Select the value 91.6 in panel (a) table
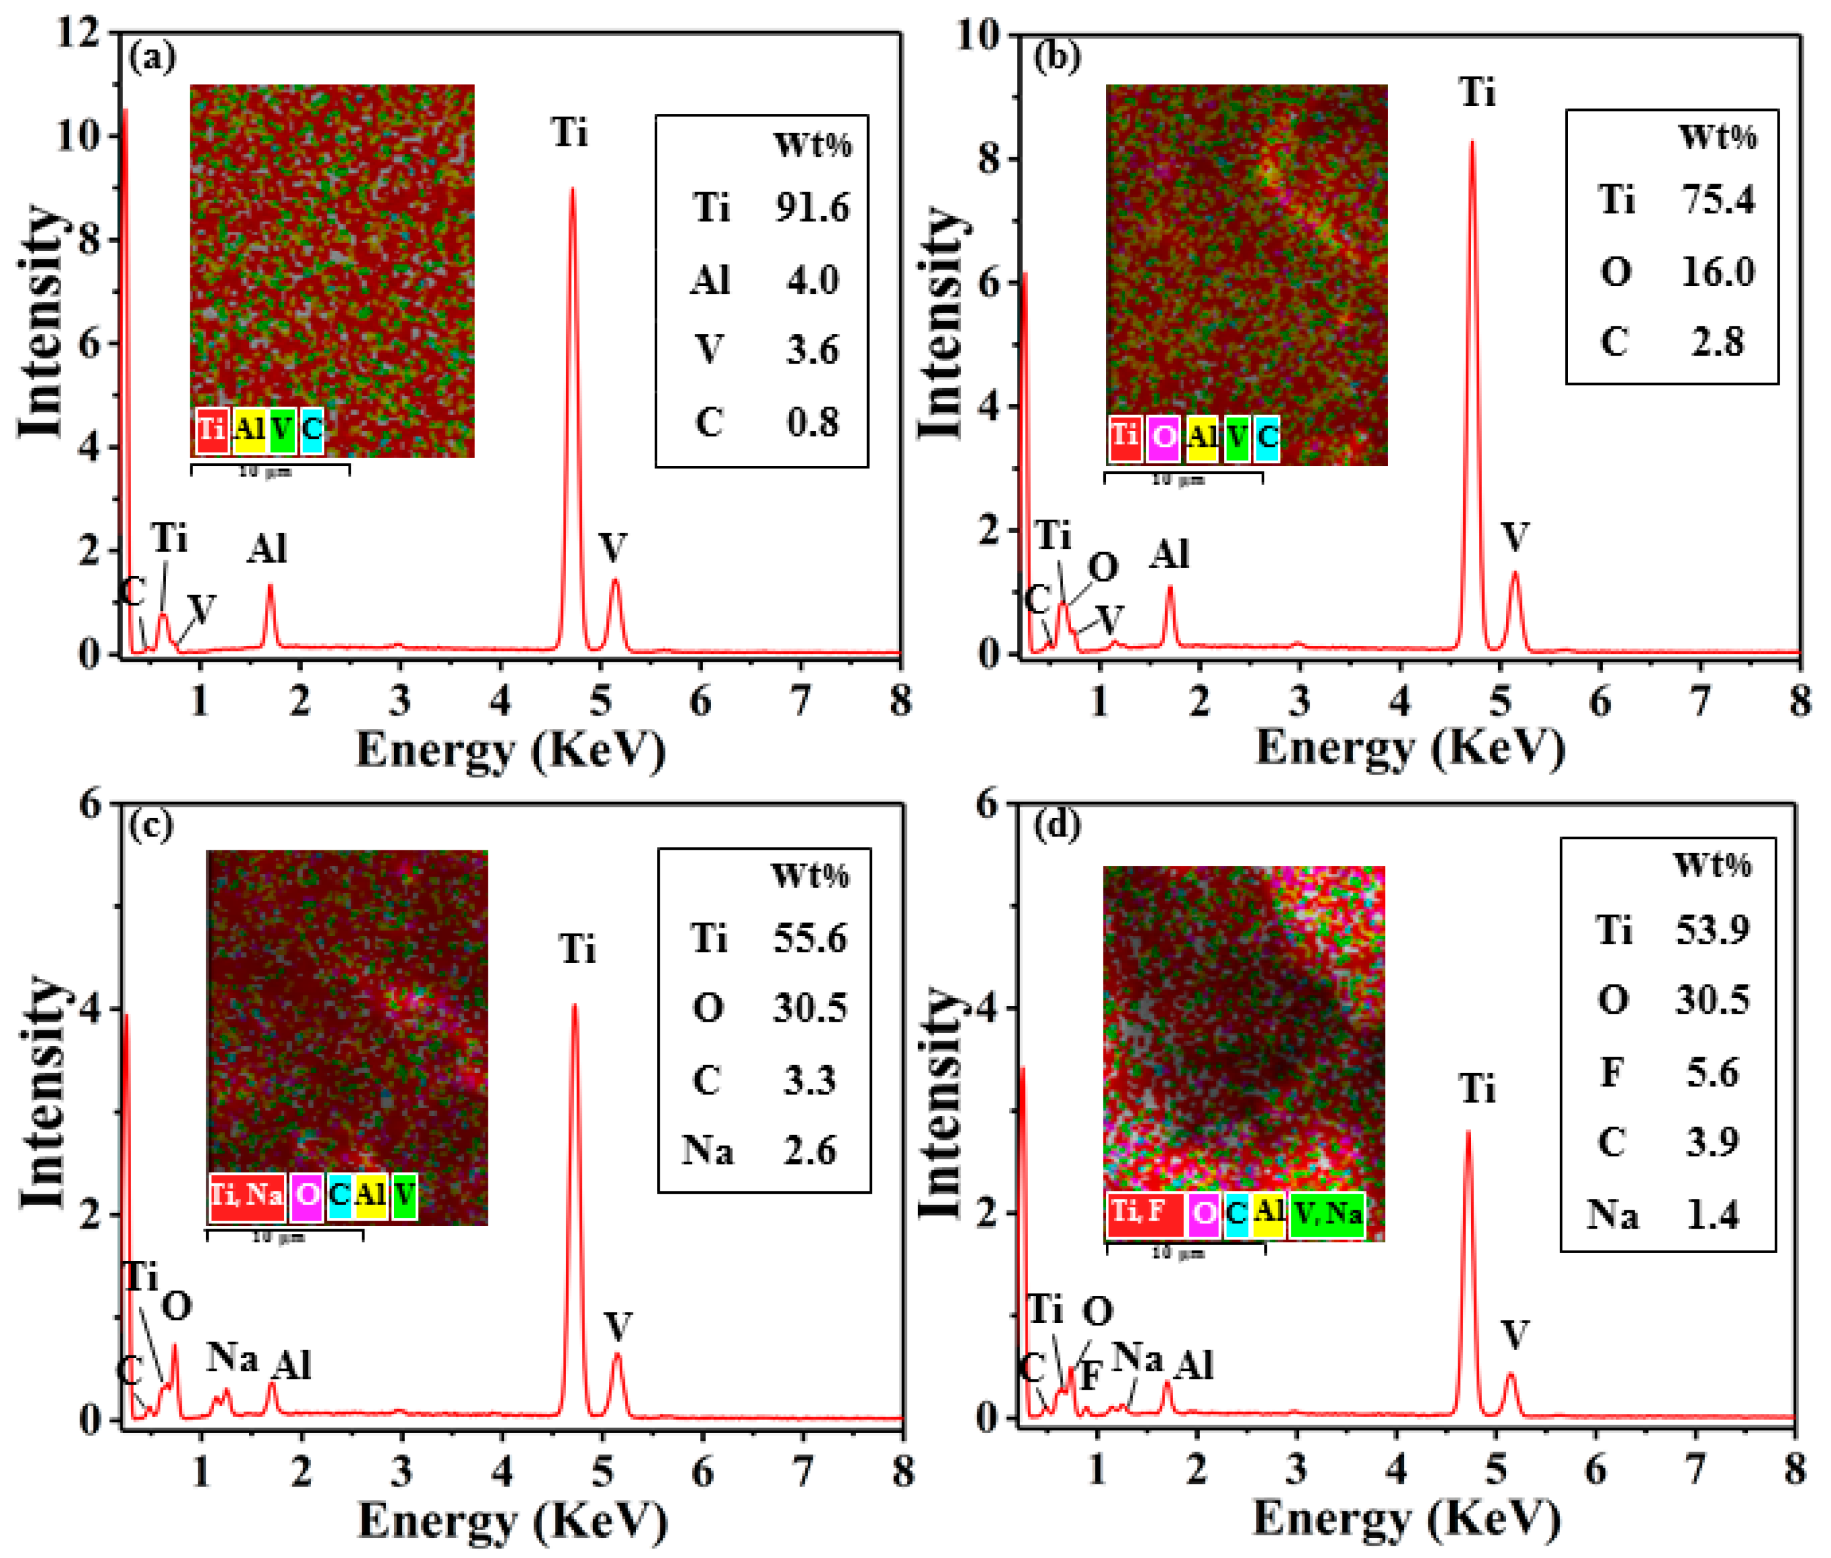(x=812, y=208)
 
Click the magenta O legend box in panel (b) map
(x=1163, y=437)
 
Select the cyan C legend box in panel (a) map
(x=311, y=430)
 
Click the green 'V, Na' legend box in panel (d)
(x=1326, y=1213)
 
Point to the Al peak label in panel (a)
(x=267, y=549)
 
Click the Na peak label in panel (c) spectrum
(x=232, y=1357)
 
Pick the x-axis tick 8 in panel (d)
(x=1794, y=1469)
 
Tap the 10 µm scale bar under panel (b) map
(x=1182, y=478)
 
